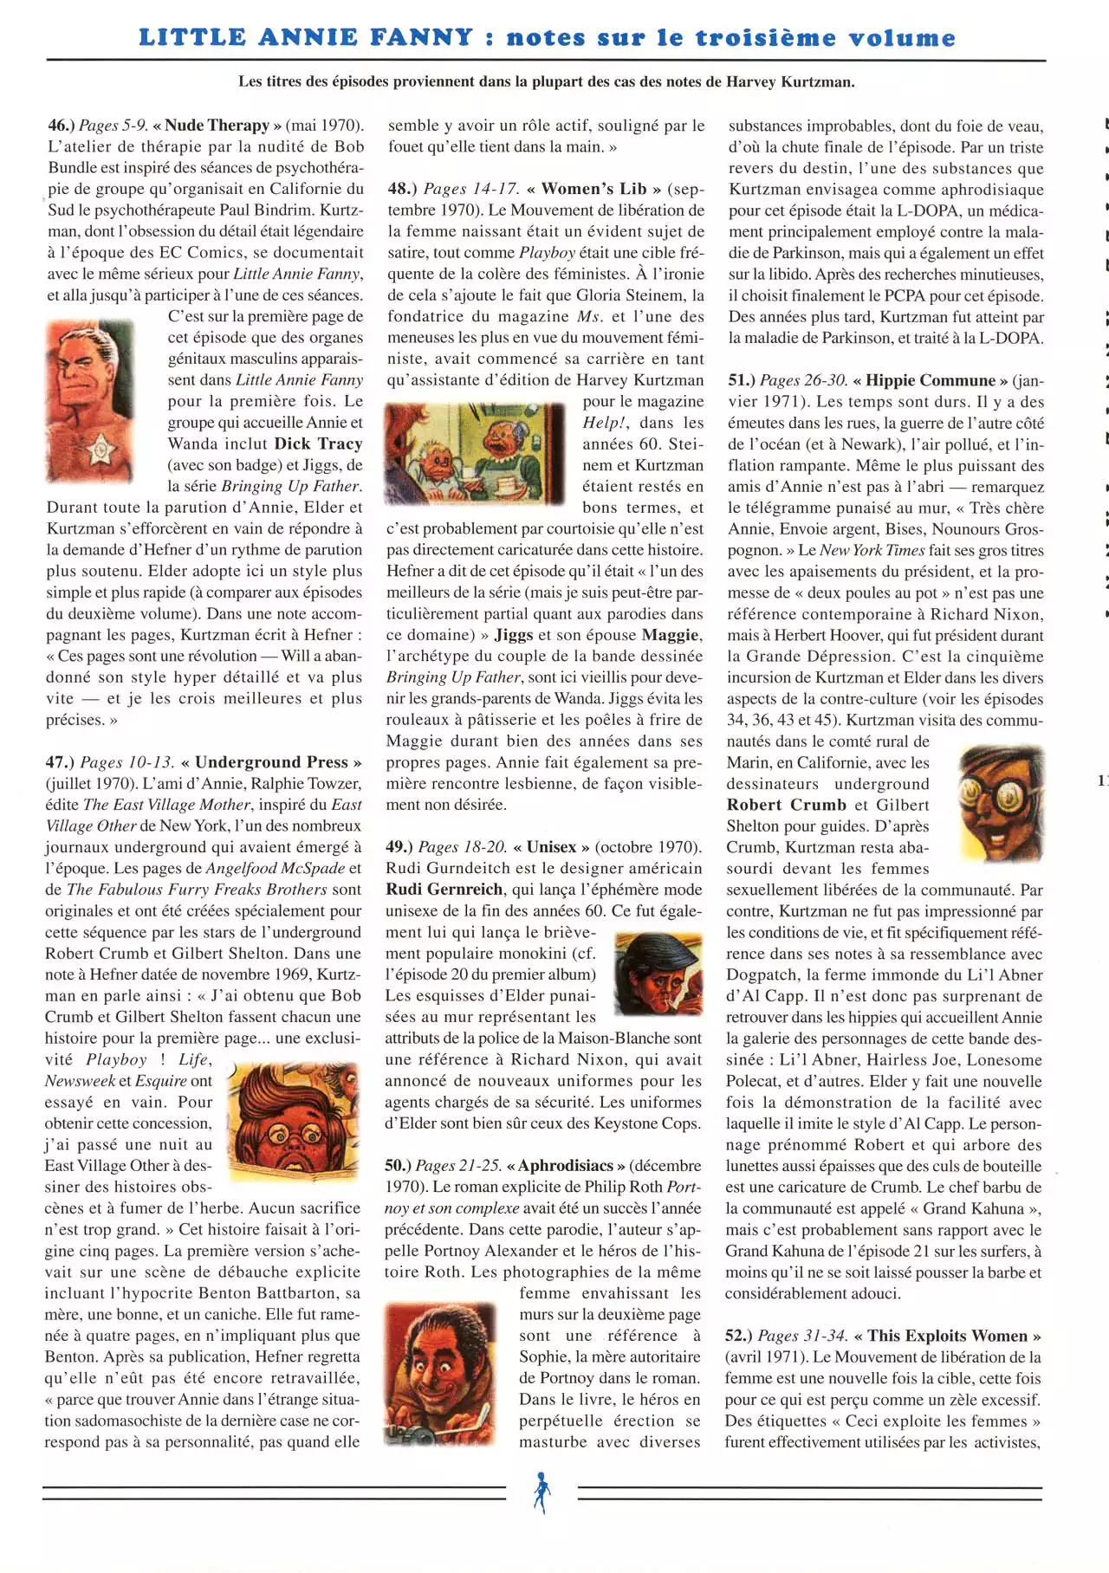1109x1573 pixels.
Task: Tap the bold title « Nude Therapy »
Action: pos(217,125)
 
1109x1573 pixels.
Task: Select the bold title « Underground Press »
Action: pos(271,762)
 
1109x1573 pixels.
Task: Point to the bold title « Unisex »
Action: pos(551,847)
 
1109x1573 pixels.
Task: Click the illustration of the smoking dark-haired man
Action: pos(658,974)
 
